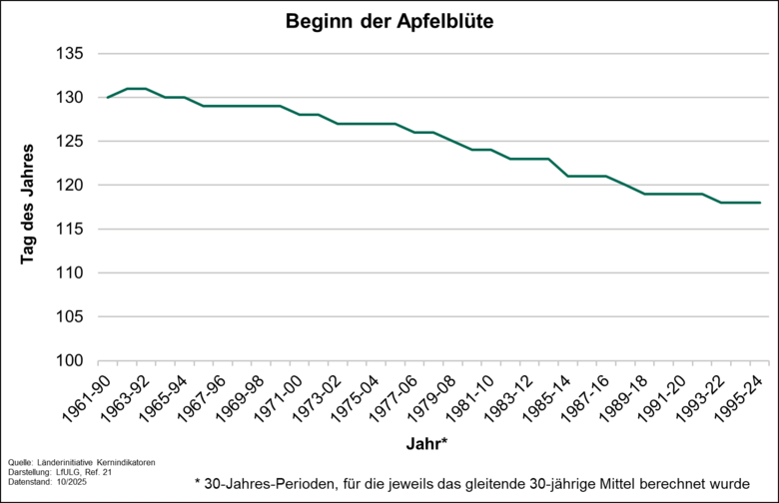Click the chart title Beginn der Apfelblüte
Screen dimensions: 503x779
point(389,21)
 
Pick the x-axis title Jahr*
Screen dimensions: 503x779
point(426,441)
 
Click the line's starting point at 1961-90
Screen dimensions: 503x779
point(107,98)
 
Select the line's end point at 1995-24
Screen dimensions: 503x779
point(761,203)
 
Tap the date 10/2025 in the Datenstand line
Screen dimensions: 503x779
point(73,483)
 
